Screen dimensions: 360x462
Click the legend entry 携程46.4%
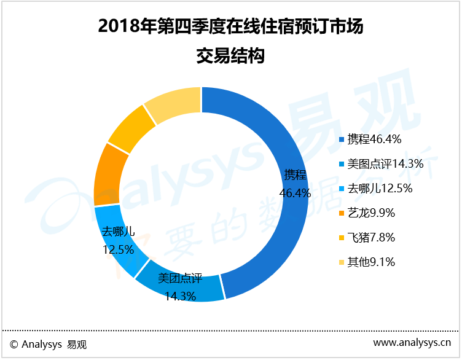374,139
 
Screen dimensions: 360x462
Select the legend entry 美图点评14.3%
383,164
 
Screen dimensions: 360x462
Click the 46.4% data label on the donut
295,193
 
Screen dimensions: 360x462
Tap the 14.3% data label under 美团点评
180,296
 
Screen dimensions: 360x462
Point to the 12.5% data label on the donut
118,250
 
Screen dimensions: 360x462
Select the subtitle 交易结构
230,57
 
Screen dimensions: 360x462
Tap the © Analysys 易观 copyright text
49,345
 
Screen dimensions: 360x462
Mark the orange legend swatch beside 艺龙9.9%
342,214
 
